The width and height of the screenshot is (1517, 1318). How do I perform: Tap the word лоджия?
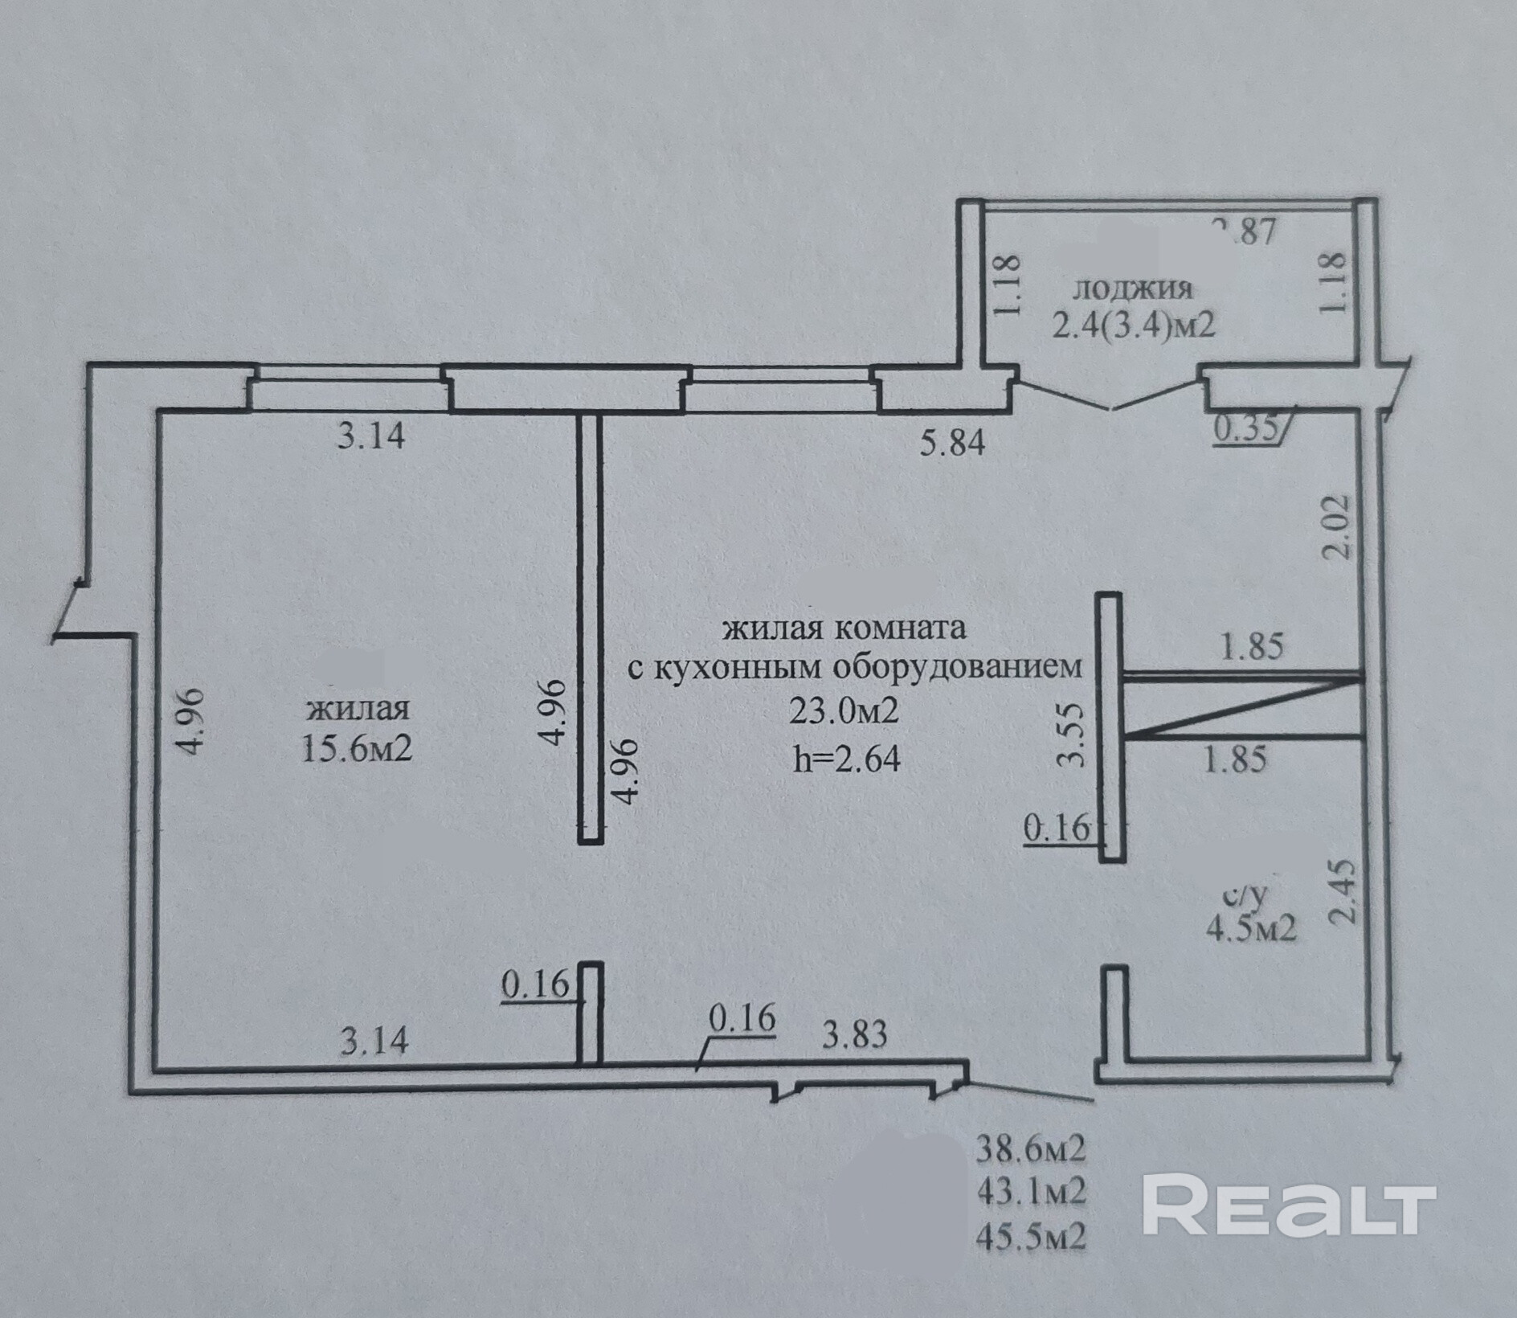pos(1133,288)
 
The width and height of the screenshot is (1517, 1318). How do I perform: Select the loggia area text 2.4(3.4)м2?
pos(1133,325)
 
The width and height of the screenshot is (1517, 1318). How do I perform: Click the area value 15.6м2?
pos(357,748)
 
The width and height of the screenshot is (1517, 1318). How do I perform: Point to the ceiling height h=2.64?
pos(846,758)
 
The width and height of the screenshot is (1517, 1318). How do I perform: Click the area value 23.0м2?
pos(844,711)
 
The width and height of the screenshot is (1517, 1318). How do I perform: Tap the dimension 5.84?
pos(951,442)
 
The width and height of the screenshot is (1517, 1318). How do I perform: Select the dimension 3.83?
pos(854,1035)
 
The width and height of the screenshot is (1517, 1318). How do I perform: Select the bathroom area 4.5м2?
pos(1250,930)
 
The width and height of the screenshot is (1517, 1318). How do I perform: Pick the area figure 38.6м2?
pos(1031,1149)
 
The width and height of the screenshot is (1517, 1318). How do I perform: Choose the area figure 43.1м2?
pos(1031,1191)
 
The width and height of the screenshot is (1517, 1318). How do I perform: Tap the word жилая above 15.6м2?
pos(358,708)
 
